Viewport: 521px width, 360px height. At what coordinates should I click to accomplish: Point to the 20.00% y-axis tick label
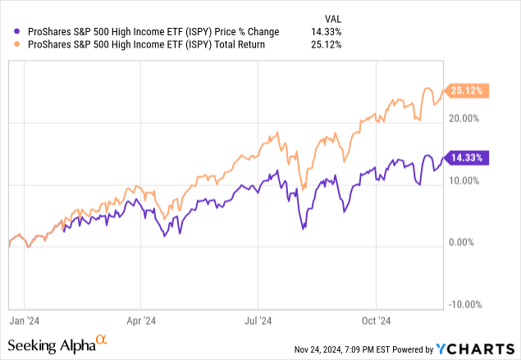(x=464, y=119)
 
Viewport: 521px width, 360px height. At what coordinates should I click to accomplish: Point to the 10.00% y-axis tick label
(x=464, y=180)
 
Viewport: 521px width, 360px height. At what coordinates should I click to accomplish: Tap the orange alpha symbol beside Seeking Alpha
(x=102, y=339)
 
